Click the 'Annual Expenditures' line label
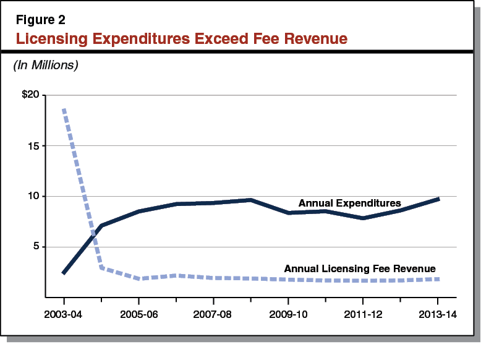coord(350,203)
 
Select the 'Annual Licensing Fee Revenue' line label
coord(360,268)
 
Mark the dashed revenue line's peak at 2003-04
coord(64,110)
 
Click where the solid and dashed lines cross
coord(95,234)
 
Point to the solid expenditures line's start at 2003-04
coord(64,273)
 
